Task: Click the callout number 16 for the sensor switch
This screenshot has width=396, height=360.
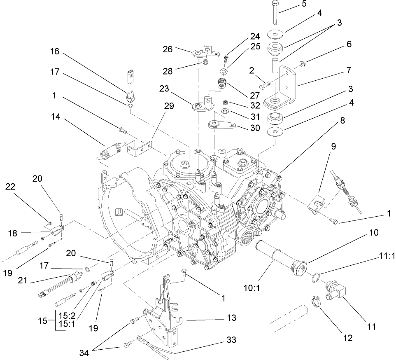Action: point(55,52)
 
